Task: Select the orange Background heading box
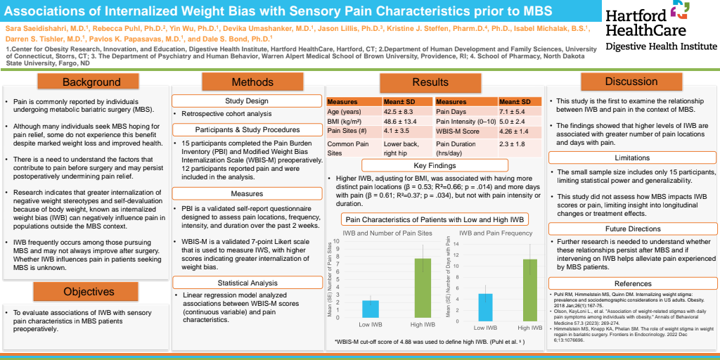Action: (x=91, y=82)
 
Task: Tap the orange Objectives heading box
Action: (x=89, y=291)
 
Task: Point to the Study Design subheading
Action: (x=246, y=101)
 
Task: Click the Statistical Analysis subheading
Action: (x=246, y=282)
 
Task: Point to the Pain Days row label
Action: (x=452, y=111)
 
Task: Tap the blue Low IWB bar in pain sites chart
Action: (x=371, y=309)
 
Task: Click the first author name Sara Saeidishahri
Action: (x=34, y=27)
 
